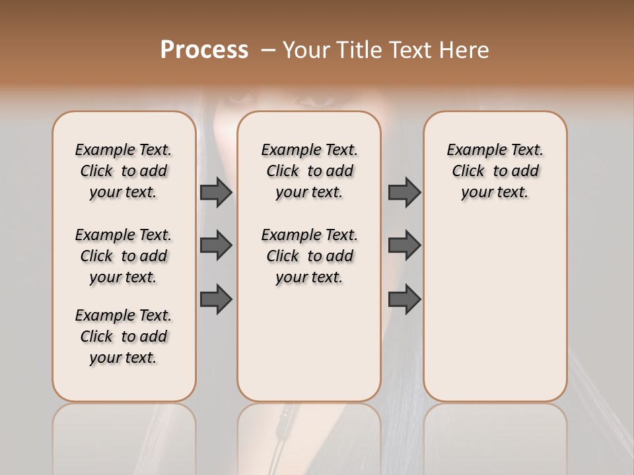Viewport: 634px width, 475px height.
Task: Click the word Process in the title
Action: (x=204, y=49)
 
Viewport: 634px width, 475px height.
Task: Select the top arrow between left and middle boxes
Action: (x=216, y=192)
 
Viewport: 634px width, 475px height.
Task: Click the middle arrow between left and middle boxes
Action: (x=216, y=245)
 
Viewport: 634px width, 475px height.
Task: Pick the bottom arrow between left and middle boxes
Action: (x=216, y=298)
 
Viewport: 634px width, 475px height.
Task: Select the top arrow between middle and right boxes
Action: (x=404, y=192)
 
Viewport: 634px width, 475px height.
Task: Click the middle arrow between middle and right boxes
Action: (x=404, y=245)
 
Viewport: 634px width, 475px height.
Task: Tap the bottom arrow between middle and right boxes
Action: (x=404, y=298)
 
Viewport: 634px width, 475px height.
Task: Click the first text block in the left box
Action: (x=123, y=171)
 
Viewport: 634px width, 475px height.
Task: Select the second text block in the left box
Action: (x=123, y=256)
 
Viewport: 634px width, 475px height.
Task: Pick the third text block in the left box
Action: (x=123, y=336)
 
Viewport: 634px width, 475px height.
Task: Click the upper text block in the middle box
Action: (x=310, y=171)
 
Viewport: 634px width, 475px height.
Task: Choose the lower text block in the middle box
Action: (x=310, y=256)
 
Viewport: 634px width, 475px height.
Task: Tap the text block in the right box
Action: (x=495, y=171)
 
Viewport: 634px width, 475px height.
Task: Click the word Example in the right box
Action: (x=472, y=150)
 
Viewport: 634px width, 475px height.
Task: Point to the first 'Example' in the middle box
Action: (x=286, y=150)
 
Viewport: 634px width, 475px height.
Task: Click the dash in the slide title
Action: (x=268, y=50)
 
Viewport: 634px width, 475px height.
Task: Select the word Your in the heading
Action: (x=304, y=50)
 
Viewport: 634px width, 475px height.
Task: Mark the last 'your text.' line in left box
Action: (x=123, y=358)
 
